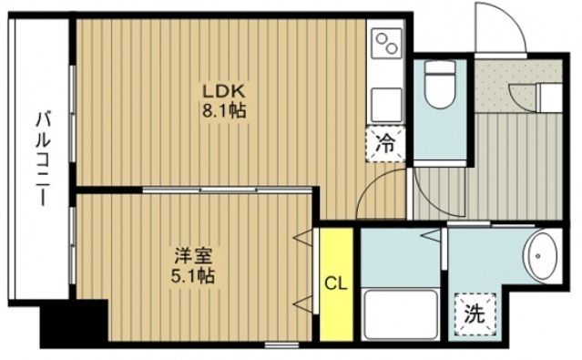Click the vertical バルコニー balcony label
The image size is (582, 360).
point(42,156)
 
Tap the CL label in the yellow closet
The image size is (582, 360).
point(336,283)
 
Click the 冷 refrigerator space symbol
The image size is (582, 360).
point(387,143)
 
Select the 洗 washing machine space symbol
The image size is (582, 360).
point(475,315)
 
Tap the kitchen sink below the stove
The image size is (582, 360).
point(387,98)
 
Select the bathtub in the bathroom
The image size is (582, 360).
point(397,315)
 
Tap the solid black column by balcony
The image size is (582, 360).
point(72,322)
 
